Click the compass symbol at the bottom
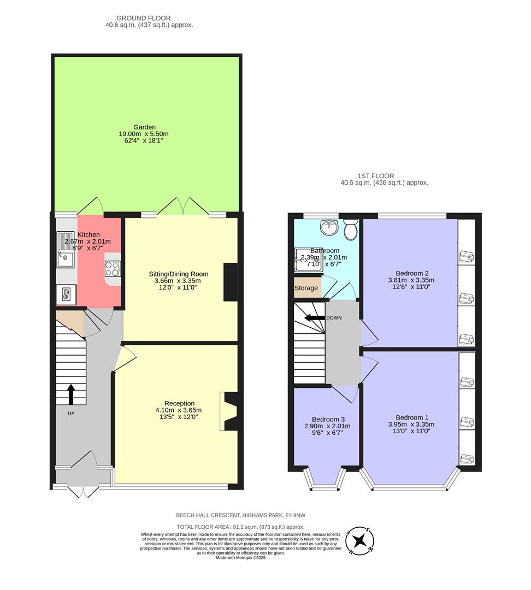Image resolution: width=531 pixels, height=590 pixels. [x=359, y=541]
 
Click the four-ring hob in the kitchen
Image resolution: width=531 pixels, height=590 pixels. [x=113, y=268]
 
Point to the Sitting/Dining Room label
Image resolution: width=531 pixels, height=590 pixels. [x=179, y=274]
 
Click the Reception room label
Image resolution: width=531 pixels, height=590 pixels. [x=178, y=403]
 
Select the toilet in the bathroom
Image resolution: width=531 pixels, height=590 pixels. [x=350, y=230]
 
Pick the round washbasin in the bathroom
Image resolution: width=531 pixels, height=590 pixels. [x=329, y=227]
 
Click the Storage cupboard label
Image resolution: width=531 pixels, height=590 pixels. [x=306, y=288]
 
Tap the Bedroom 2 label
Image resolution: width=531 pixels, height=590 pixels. [x=411, y=273]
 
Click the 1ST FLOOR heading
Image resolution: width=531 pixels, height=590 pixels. [x=375, y=176]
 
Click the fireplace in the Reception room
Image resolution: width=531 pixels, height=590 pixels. [x=229, y=412]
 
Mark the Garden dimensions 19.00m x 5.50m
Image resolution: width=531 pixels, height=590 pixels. [x=144, y=134]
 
